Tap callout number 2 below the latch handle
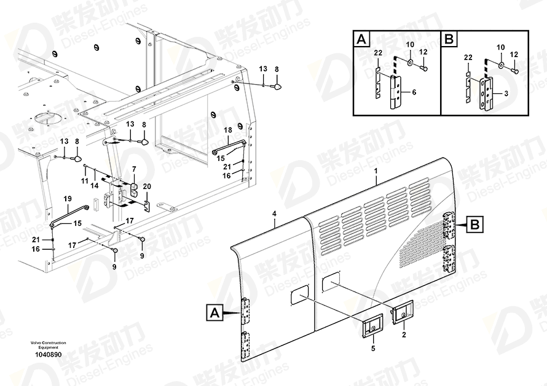[404, 335]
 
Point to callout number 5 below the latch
[372, 349]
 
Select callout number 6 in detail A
[414, 91]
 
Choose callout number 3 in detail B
[506, 93]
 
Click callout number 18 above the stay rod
[227, 130]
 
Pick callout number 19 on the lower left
[68, 198]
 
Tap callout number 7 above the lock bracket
[133, 169]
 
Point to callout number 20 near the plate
[146, 186]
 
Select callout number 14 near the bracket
[95, 185]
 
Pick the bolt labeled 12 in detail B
[515, 71]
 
